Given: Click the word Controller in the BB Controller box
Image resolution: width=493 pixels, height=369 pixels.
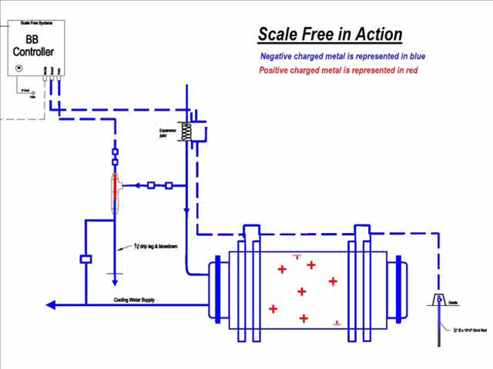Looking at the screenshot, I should point(34,52).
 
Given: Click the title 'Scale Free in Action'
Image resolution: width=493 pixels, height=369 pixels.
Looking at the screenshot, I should point(330,34).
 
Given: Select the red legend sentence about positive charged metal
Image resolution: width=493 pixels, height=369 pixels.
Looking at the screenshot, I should point(338,70).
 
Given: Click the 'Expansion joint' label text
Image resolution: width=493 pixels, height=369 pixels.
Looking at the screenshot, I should point(167,133).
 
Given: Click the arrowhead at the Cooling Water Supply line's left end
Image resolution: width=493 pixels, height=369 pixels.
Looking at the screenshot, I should point(50,305).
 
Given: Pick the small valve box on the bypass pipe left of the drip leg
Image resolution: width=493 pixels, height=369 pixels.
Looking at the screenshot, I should point(85,259).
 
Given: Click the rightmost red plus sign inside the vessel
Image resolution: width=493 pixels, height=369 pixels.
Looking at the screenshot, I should point(333,281).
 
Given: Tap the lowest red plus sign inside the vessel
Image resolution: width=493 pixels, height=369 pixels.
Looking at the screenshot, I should point(303,319).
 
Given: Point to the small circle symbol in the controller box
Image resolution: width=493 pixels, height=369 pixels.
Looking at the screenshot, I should point(20,68).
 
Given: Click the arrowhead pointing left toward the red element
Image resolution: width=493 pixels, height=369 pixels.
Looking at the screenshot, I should point(127,185).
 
